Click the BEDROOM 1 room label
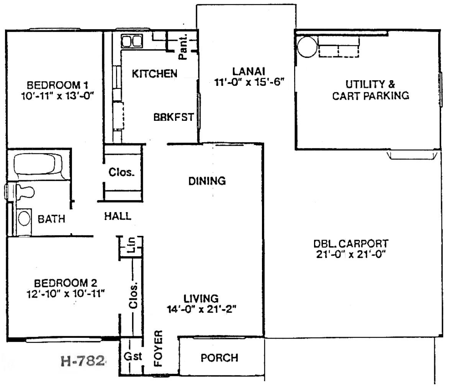coord(57,85)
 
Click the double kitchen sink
coord(131,41)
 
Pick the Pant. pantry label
coord(183,46)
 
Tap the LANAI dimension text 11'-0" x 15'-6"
coord(249,82)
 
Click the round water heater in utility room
coord(308,47)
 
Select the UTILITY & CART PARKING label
coord(370,90)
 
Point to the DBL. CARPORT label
coord(351,244)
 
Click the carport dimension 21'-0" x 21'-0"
coord(350,254)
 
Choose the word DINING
coord(207,181)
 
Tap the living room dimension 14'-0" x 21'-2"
coord(201,309)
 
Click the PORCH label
coord(219,358)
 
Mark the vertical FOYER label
coord(159,348)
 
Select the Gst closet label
coord(133,356)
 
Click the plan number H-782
coord(82,361)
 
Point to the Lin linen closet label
coord(131,245)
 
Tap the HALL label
coord(118,216)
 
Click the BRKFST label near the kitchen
coord(174,117)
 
